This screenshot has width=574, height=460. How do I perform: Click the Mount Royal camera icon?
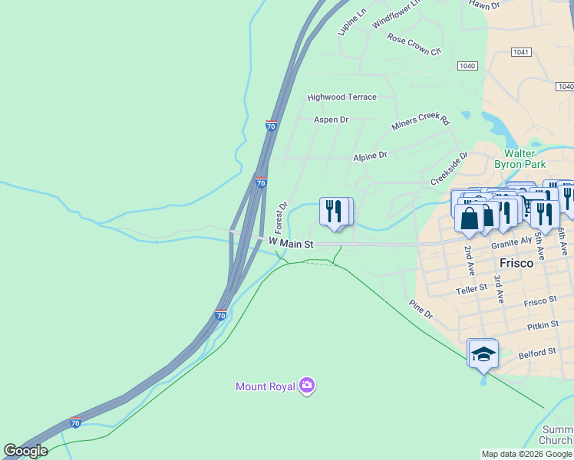(x=307, y=386)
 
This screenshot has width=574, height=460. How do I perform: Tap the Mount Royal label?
(x=266, y=386)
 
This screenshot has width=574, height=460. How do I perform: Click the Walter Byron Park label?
(x=524, y=159)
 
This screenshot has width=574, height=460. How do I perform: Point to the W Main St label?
(x=292, y=244)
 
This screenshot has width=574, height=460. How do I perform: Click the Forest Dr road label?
(x=281, y=218)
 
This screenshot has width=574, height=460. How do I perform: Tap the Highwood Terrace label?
(x=341, y=97)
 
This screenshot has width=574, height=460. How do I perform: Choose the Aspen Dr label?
(x=331, y=120)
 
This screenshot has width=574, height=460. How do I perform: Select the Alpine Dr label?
(x=370, y=156)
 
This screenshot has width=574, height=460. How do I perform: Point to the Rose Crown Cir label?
(x=414, y=44)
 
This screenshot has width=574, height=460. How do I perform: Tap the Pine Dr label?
(x=421, y=309)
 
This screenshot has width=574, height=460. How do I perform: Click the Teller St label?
(x=471, y=289)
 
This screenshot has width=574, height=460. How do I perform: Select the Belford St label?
(x=536, y=352)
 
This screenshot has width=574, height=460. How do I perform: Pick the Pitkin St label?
(x=543, y=326)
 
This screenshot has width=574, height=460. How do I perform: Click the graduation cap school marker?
(x=483, y=353)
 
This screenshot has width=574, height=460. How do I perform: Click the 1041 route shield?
(x=520, y=51)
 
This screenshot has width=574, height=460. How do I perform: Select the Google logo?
(x=25, y=451)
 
